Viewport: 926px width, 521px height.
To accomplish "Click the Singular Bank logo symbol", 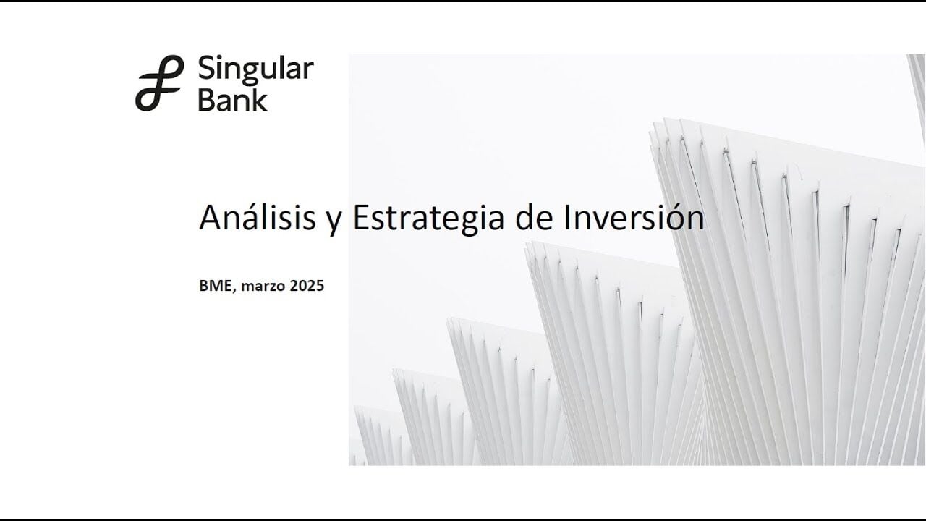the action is (160, 83).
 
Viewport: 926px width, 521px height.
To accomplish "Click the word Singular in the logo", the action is (256, 70).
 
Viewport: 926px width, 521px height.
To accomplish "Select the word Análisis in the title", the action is (258, 216).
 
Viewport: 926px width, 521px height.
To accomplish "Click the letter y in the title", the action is (334, 222).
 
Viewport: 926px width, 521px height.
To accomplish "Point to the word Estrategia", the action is (428, 219).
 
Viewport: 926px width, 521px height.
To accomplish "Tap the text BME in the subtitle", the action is (216, 286).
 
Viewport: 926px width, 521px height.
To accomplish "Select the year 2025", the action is (307, 286).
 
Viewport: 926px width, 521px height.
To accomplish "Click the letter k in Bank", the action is (259, 99).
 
